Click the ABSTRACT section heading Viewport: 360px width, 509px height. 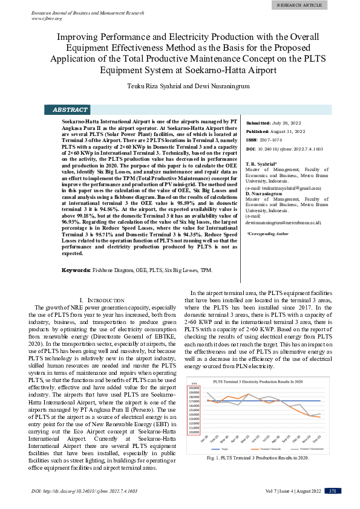[x=70, y=110]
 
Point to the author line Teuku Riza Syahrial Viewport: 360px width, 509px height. [x=180, y=87]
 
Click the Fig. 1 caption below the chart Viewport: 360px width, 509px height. [x=266, y=458]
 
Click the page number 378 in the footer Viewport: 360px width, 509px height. [x=332, y=491]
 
